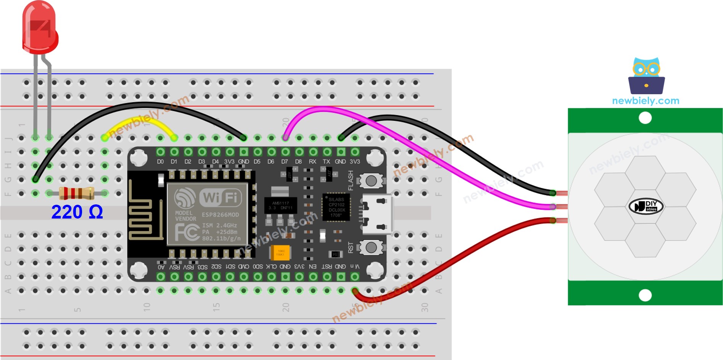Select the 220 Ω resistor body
76,193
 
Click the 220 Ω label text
77,212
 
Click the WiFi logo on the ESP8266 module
221,197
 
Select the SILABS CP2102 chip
337,207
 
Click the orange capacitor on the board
280,252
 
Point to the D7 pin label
285,162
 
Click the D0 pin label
160,162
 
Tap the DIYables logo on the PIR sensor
646,206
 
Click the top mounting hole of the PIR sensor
645,118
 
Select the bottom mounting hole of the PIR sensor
645,295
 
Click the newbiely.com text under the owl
646,101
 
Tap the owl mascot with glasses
646,76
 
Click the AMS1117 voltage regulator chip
280,205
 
